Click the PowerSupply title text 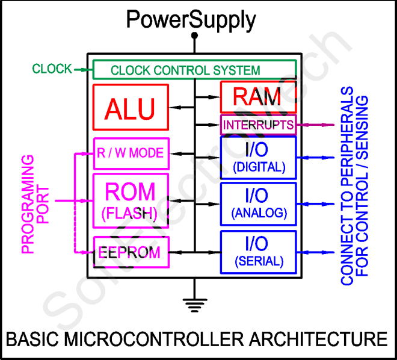click(191, 20)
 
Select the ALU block click(131, 108)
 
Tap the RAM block click(257, 96)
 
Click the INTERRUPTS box click(258, 125)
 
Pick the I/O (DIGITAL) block click(258, 158)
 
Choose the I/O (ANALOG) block click(258, 203)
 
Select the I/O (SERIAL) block click(258, 251)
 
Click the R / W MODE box click(131, 153)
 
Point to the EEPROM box click(131, 252)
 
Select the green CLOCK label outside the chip click(52, 69)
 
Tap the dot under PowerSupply click(194, 36)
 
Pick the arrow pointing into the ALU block click(181, 108)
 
